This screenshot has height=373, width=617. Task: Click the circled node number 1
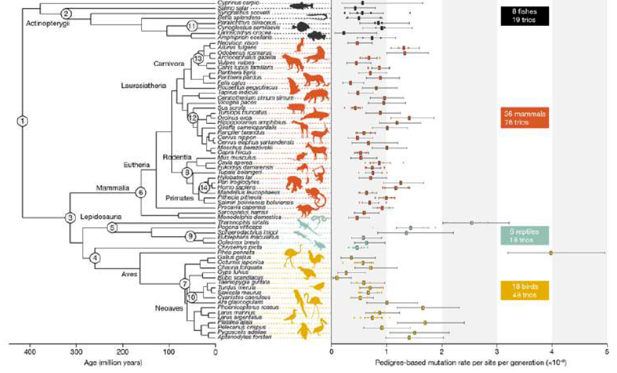[23, 121]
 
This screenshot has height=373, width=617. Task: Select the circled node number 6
[140, 192]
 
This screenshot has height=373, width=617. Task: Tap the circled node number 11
[192, 26]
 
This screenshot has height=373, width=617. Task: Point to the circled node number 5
[112, 228]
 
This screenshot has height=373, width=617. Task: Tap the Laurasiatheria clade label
[142, 85]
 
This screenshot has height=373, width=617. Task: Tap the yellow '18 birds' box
[524, 290]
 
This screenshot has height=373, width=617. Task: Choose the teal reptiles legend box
[526, 234]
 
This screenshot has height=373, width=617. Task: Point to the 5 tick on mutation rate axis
[606, 352]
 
